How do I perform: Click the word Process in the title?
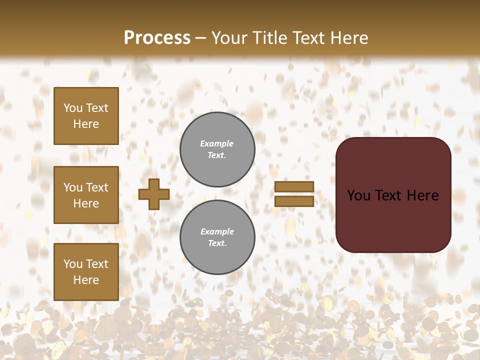(x=157, y=37)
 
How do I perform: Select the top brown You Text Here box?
(x=86, y=116)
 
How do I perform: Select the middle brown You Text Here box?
(x=86, y=195)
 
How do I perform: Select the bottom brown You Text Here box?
(x=86, y=272)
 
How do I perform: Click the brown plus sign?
(x=154, y=194)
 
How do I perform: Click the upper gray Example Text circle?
(x=217, y=149)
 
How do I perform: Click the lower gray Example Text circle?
(x=217, y=237)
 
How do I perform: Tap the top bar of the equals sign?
(x=294, y=187)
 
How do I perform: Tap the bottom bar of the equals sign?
(x=294, y=201)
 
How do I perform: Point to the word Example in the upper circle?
(x=217, y=143)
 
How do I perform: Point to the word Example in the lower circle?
(x=217, y=231)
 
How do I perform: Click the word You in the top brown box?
(x=73, y=108)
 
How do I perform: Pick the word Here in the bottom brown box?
(x=86, y=280)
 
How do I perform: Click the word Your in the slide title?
(x=229, y=37)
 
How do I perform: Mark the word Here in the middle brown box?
(x=86, y=203)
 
